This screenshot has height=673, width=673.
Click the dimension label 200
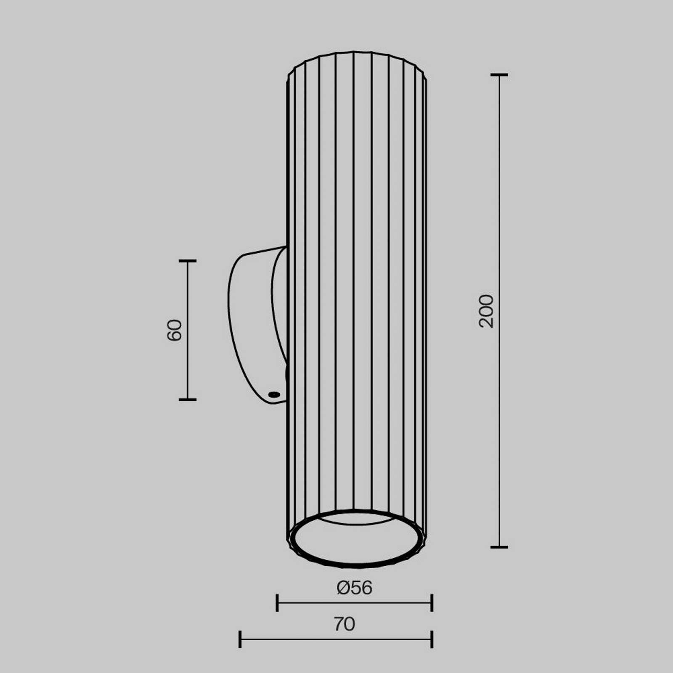pyautogui.click(x=487, y=311)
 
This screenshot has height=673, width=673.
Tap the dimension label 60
pyautogui.click(x=175, y=330)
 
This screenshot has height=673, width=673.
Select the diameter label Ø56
pyautogui.click(x=354, y=588)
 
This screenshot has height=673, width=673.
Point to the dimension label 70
pyautogui.click(x=344, y=624)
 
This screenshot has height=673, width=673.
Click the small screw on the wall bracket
pyautogui.click(x=274, y=394)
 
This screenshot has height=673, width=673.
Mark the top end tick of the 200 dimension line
pyautogui.click(x=499, y=75)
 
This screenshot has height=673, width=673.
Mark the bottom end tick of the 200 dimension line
pyautogui.click(x=499, y=547)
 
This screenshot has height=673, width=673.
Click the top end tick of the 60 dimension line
pyautogui.click(x=188, y=261)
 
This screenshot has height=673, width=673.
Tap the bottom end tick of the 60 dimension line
pyautogui.click(x=188, y=399)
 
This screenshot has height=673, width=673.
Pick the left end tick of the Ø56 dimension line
pyautogui.click(x=277, y=603)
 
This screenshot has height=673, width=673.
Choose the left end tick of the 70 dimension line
pyautogui.click(x=240, y=639)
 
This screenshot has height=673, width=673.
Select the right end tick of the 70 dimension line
pyautogui.click(x=432, y=639)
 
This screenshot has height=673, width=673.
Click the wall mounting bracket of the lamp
pyautogui.click(x=252, y=324)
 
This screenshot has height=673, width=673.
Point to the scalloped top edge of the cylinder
pyautogui.click(x=358, y=53)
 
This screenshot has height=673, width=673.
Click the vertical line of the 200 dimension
pyautogui.click(x=499, y=210)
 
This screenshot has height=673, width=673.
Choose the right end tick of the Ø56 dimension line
pyautogui.click(x=432, y=603)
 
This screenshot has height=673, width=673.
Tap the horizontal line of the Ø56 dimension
pyautogui.click(x=320, y=603)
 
